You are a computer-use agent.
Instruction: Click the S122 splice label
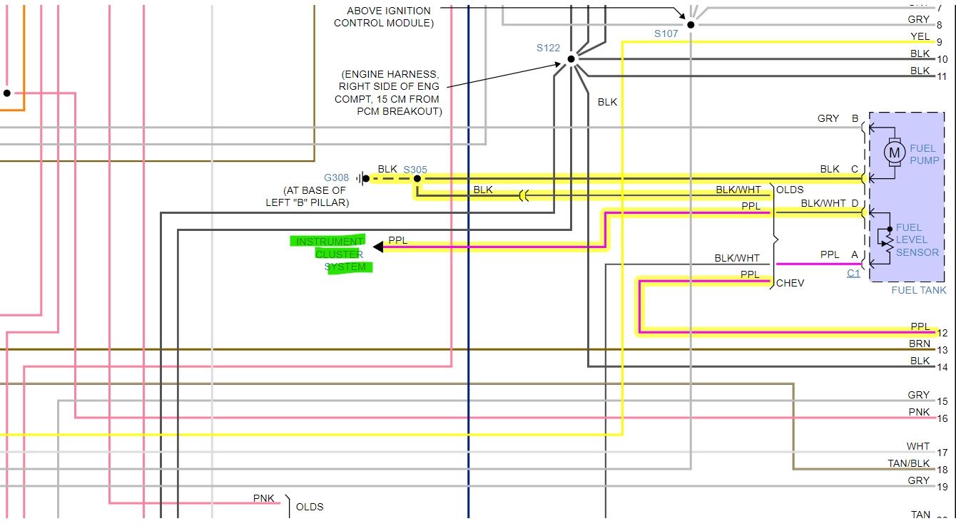[549, 48]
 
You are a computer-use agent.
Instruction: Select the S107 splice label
[666, 33]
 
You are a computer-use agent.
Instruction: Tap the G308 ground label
[337, 177]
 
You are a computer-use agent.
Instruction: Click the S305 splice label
[415, 170]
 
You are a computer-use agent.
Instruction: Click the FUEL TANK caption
[919, 290]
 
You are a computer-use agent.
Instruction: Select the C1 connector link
[853, 273]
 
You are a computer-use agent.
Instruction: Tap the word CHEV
[790, 283]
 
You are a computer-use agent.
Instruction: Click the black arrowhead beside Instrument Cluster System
[378, 247]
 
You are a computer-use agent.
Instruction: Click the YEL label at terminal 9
[920, 36]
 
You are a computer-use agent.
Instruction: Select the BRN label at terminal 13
[920, 344]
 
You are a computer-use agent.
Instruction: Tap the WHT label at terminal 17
[918, 446]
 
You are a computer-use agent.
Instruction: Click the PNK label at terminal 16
[919, 412]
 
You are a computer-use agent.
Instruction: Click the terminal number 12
[942, 333]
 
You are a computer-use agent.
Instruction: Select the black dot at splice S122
[571, 59]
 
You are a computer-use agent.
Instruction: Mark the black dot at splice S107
[691, 24]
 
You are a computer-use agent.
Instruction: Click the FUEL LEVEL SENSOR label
[917, 239]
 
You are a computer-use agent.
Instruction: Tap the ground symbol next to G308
[362, 178]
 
